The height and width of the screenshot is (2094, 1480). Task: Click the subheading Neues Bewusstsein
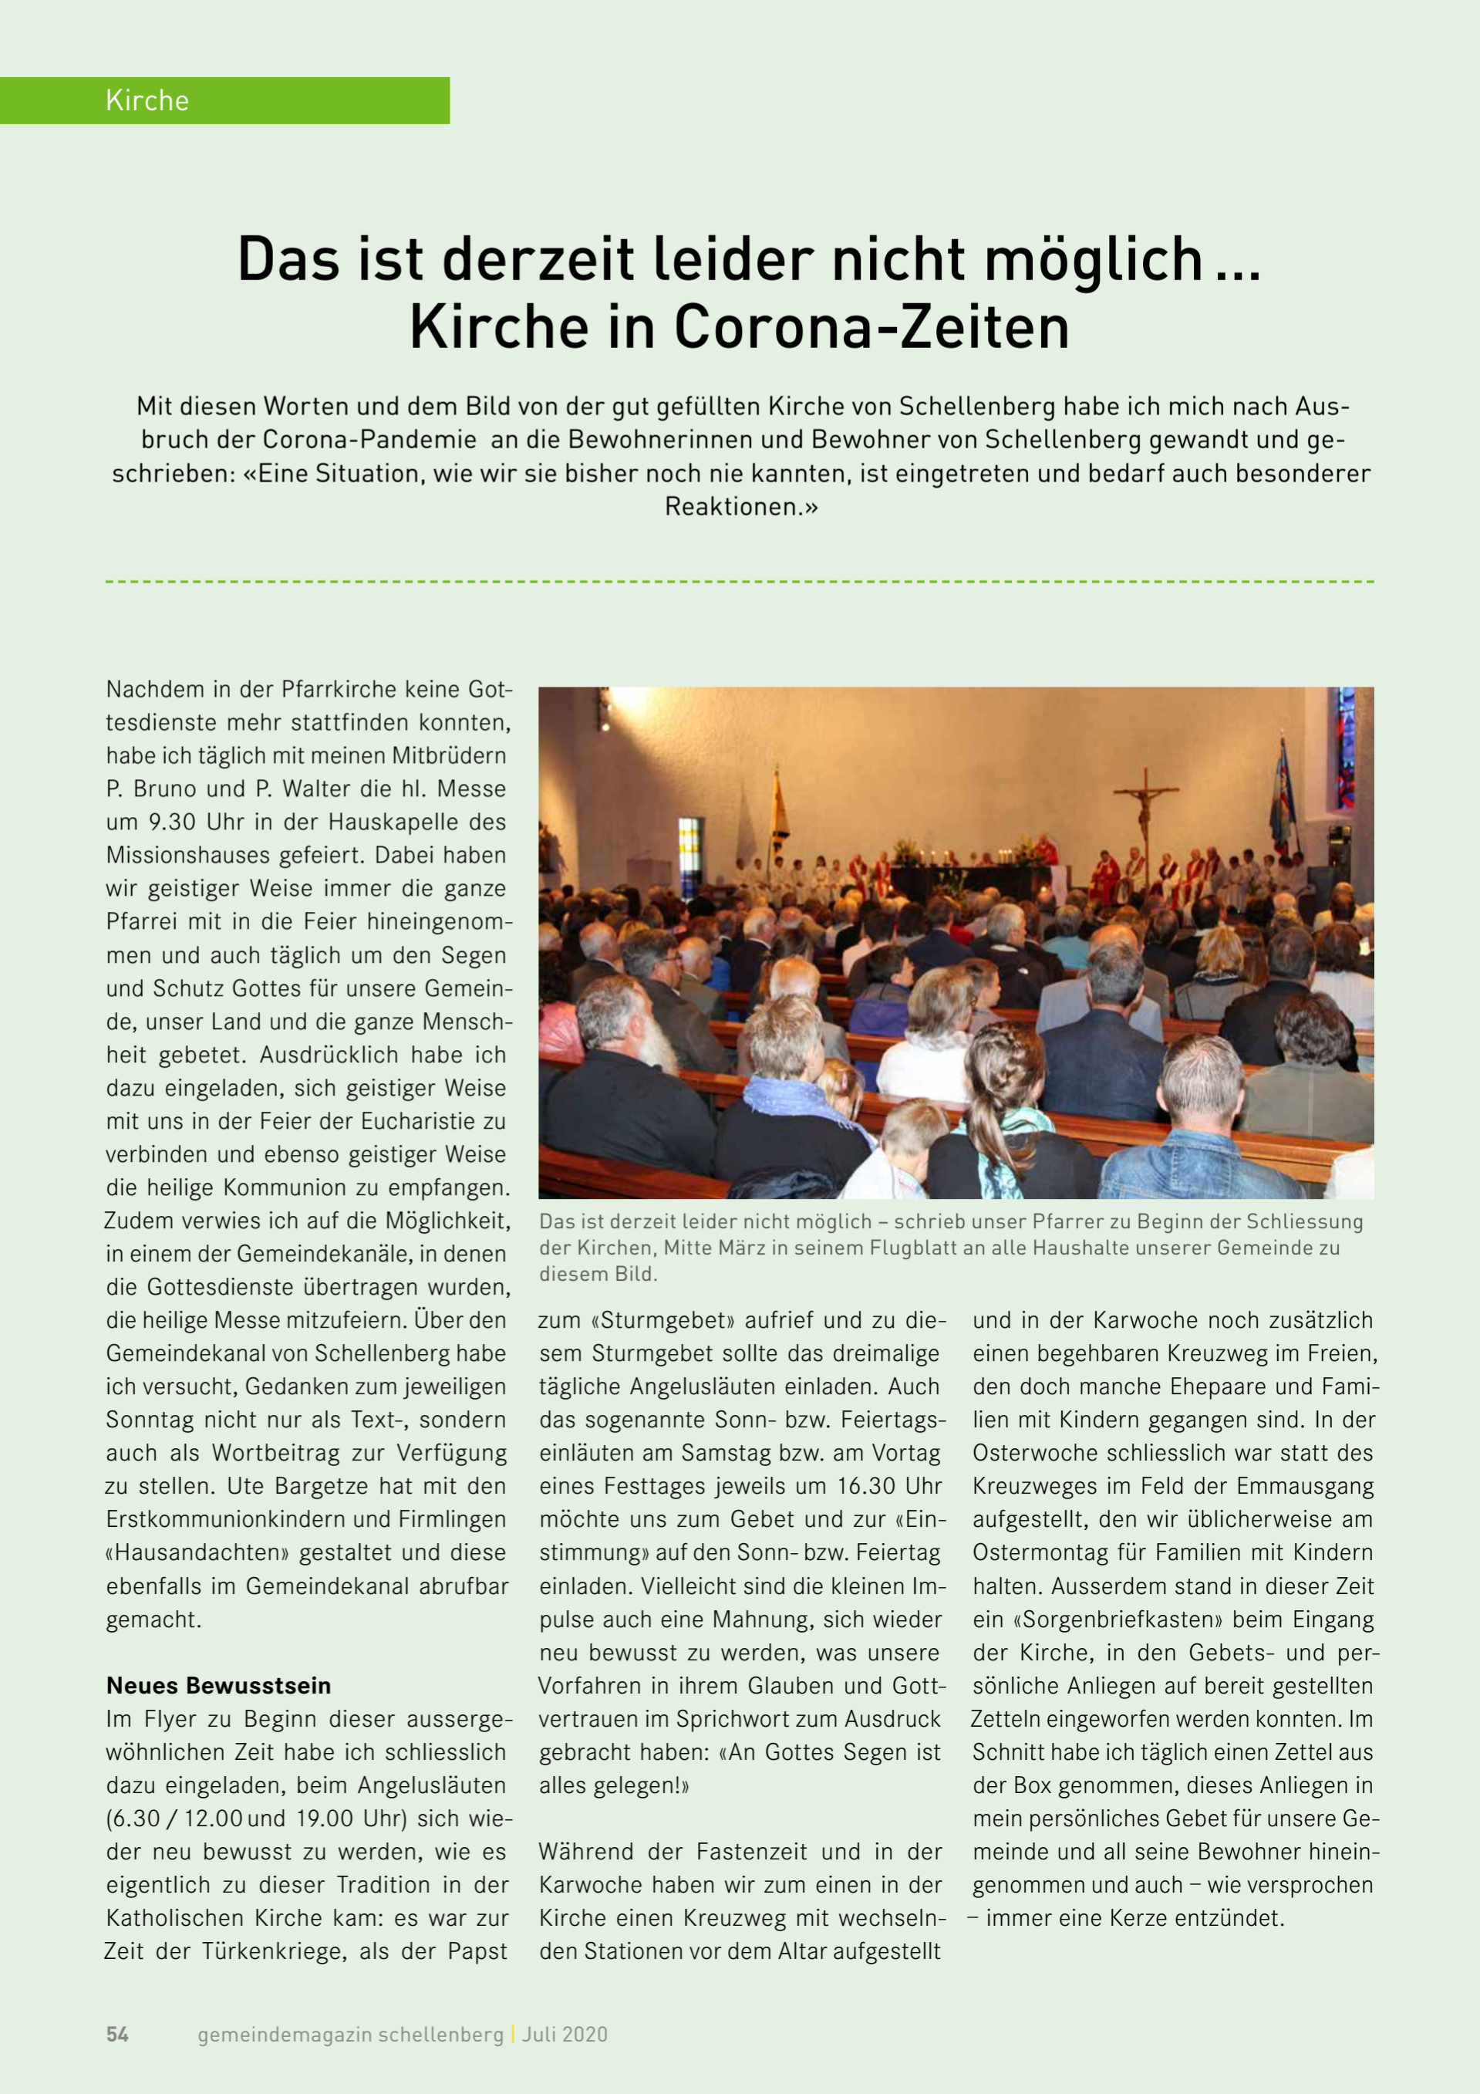tap(218, 1685)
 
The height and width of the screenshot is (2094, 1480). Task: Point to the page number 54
tap(118, 2034)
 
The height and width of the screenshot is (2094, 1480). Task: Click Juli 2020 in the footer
tap(565, 2034)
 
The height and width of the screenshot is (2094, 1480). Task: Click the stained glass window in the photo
tap(1345, 748)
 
